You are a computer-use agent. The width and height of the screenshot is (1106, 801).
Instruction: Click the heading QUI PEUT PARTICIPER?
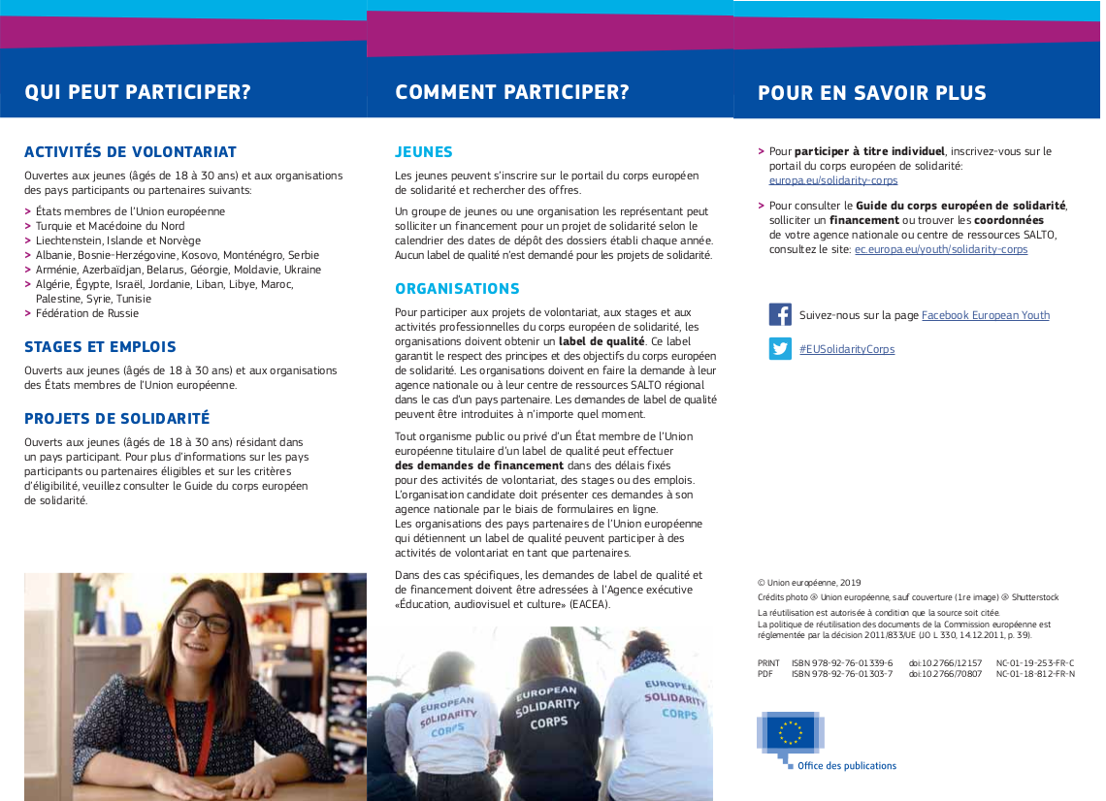click(138, 93)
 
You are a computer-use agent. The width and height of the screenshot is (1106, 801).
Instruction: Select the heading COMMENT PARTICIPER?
click(512, 93)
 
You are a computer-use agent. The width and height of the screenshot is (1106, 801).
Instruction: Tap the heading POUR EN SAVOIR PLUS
click(872, 94)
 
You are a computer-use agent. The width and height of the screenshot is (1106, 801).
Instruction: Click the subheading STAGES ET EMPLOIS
click(100, 347)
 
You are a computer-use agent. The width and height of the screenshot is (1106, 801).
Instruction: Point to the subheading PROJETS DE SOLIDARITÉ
click(116, 419)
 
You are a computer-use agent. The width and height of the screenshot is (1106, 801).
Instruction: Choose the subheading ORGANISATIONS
click(457, 289)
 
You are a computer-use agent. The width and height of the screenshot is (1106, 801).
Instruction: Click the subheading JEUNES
click(424, 152)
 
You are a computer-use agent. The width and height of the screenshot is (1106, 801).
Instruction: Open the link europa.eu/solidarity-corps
click(833, 180)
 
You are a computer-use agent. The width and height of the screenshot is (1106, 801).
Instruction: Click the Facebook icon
click(780, 314)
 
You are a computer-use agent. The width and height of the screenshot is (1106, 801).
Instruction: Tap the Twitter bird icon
click(780, 348)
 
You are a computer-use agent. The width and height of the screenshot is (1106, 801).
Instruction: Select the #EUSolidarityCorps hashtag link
click(847, 349)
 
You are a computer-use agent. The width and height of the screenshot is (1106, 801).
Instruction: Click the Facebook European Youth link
click(986, 315)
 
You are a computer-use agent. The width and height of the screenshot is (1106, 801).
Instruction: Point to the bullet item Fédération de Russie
click(87, 313)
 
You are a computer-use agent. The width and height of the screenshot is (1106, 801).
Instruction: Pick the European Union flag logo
click(791, 734)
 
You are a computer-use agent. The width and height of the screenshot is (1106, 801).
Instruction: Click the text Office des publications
click(847, 766)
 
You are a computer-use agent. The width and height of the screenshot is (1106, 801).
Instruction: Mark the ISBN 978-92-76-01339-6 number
click(842, 663)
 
